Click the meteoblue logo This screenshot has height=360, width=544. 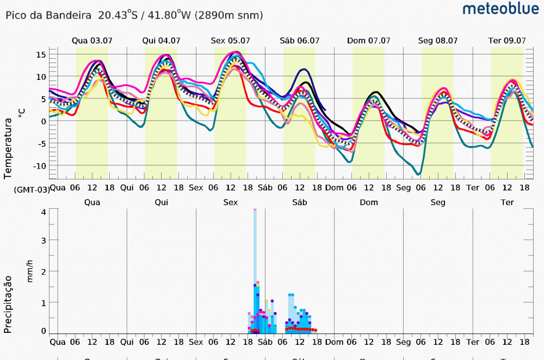point(500,9)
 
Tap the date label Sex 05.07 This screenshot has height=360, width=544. point(230,40)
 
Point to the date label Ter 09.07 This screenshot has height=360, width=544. point(506,40)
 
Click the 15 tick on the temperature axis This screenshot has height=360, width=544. point(41,54)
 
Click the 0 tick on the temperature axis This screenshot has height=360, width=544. point(43,121)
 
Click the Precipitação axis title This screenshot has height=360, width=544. point(8,304)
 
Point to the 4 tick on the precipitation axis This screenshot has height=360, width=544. point(44,212)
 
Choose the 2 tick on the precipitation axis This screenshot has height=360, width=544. point(44,271)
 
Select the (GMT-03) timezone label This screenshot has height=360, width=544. point(32,189)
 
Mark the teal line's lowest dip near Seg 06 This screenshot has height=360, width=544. point(418,174)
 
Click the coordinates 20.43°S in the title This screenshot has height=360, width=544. point(118,15)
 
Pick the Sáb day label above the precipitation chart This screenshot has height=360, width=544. point(299,202)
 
